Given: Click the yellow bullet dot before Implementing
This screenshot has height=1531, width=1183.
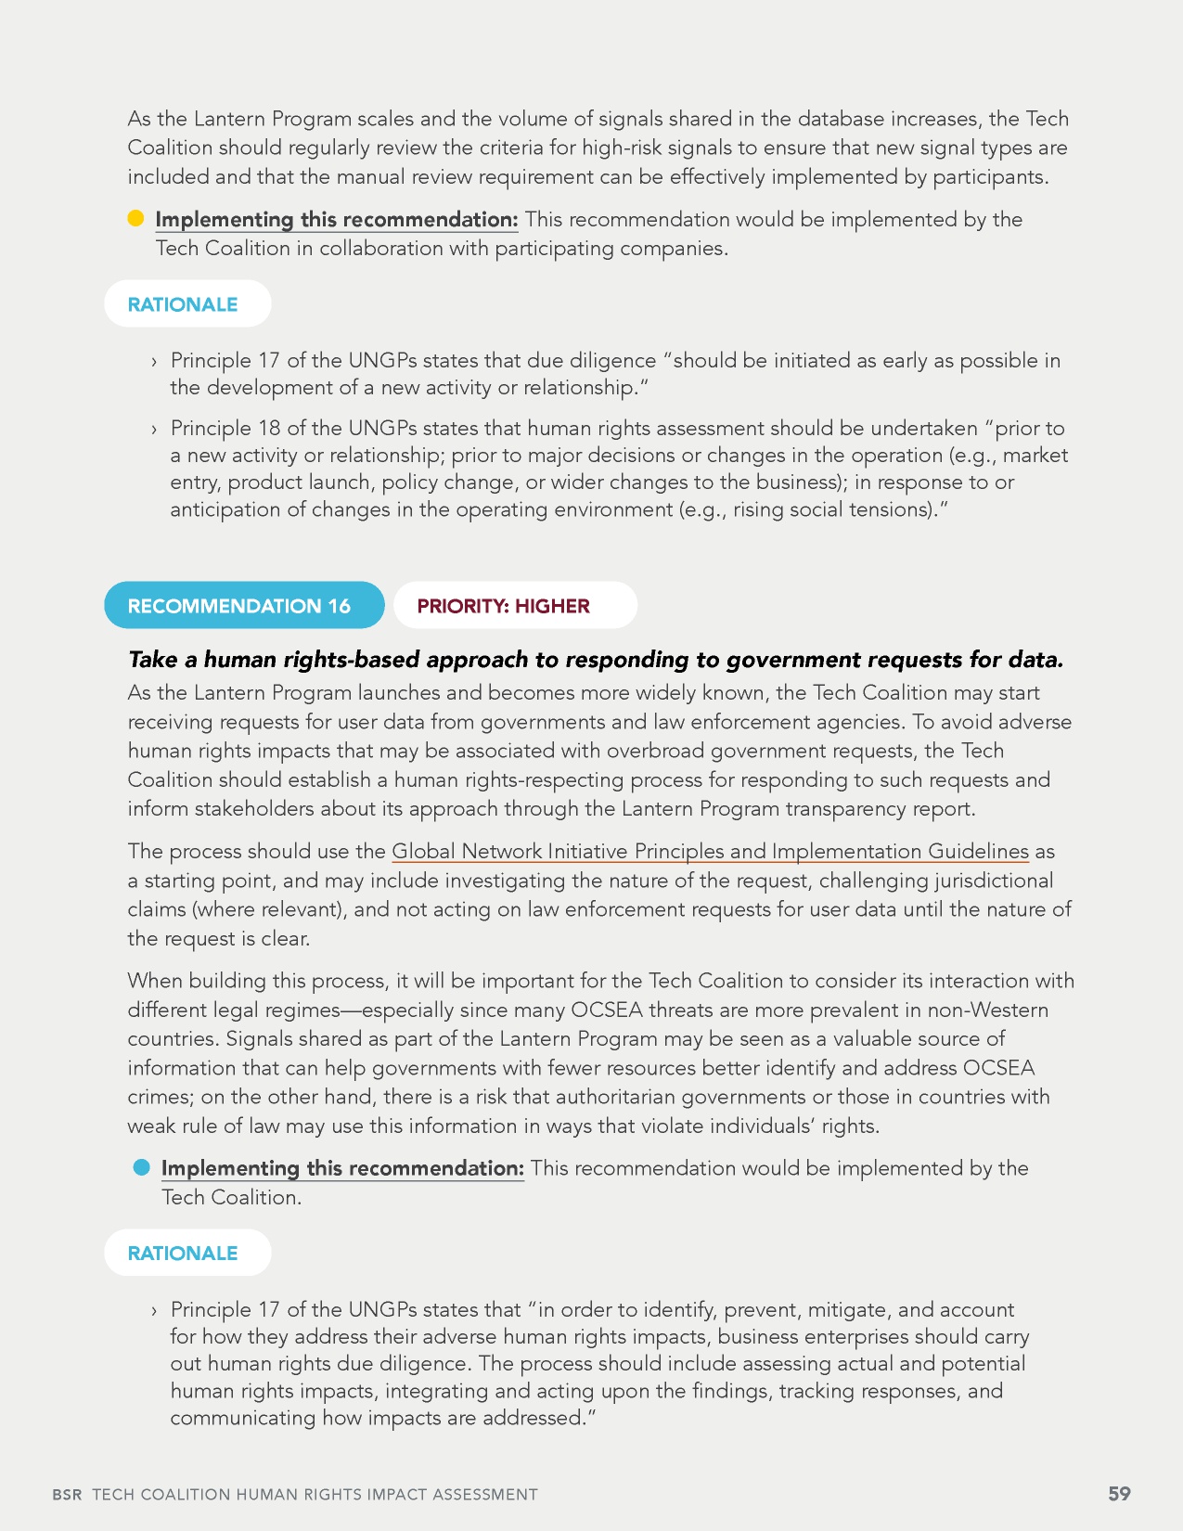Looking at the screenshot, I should click(135, 219).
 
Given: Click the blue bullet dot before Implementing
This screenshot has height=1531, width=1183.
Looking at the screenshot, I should click(141, 1167).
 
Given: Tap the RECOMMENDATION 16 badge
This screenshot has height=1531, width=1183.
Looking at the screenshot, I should click(239, 606).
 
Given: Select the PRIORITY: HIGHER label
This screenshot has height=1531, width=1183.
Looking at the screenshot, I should click(504, 606).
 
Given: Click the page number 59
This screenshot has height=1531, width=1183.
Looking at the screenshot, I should click(1120, 1493).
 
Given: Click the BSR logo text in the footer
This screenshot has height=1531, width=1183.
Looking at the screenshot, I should click(67, 1495).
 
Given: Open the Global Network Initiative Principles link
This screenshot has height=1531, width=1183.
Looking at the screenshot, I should click(710, 851).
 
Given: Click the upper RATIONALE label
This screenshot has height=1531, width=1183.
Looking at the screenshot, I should click(183, 304).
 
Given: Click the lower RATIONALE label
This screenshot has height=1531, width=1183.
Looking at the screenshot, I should click(183, 1253).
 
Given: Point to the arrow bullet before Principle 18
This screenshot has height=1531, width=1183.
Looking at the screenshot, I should click(154, 429).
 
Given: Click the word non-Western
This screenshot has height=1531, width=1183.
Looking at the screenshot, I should click(988, 1010).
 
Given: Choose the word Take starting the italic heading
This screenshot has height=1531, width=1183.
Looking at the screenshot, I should click(152, 660).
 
